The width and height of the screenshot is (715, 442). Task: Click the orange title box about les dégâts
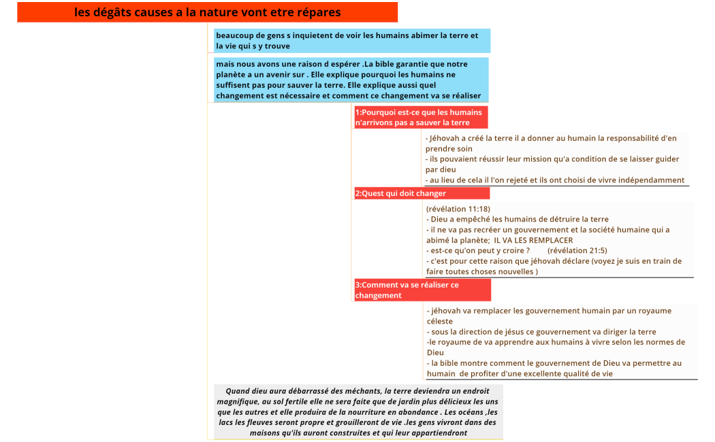[x=207, y=12]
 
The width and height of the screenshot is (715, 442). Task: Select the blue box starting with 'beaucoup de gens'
[x=351, y=41]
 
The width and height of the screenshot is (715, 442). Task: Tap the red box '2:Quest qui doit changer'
[x=421, y=193]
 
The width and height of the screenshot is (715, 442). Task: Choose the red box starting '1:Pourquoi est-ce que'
[x=420, y=118]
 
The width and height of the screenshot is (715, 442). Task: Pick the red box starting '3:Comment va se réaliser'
[x=422, y=290]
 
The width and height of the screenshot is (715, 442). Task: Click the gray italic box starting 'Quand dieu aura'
[x=357, y=411]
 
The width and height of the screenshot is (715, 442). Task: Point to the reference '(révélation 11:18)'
[x=458, y=209]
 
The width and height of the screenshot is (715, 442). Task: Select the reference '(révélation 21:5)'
[x=577, y=251]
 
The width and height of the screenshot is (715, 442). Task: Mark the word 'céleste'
[x=440, y=321]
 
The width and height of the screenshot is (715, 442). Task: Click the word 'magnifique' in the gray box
[x=238, y=402]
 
